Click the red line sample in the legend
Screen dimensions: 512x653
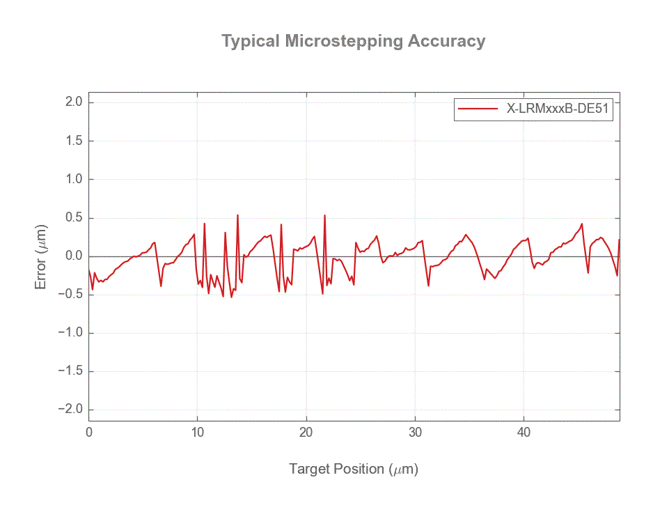tap(477, 109)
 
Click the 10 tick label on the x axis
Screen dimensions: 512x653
tap(198, 433)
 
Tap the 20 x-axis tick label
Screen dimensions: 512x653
tap(306, 433)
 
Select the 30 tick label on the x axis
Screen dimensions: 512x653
tap(415, 433)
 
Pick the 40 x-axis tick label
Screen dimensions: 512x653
tap(524, 433)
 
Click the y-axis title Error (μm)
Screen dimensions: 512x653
tap(42, 256)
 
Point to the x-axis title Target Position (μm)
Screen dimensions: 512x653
tap(354, 469)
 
